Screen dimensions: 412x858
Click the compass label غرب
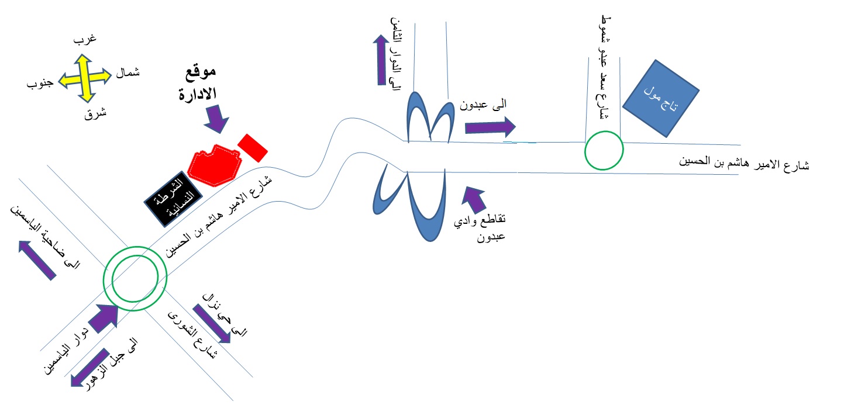[x=85, y=40]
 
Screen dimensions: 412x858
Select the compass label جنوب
[x=40, y=84]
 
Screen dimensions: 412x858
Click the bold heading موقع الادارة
[x=198, y=84]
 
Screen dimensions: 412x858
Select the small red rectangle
[x=253, y=147]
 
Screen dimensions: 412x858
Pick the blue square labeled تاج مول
[x=661, y=99]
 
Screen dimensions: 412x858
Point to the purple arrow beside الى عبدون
[x=490, y=126]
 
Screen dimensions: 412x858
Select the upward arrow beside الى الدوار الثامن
[x=380, y=60]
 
